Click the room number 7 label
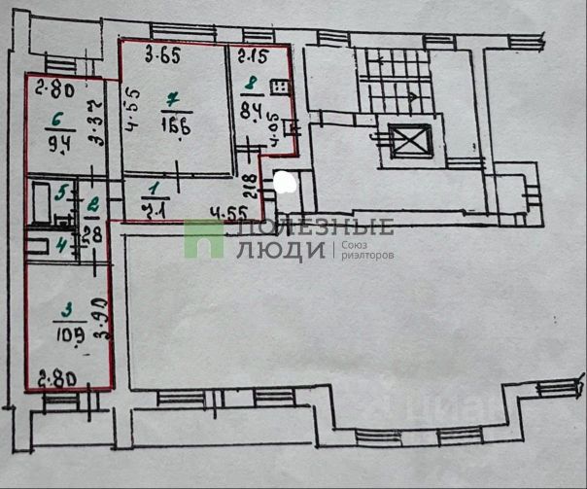pos(173,98)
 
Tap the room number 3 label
pos(66,312)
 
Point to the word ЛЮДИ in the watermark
pos(281,250)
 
